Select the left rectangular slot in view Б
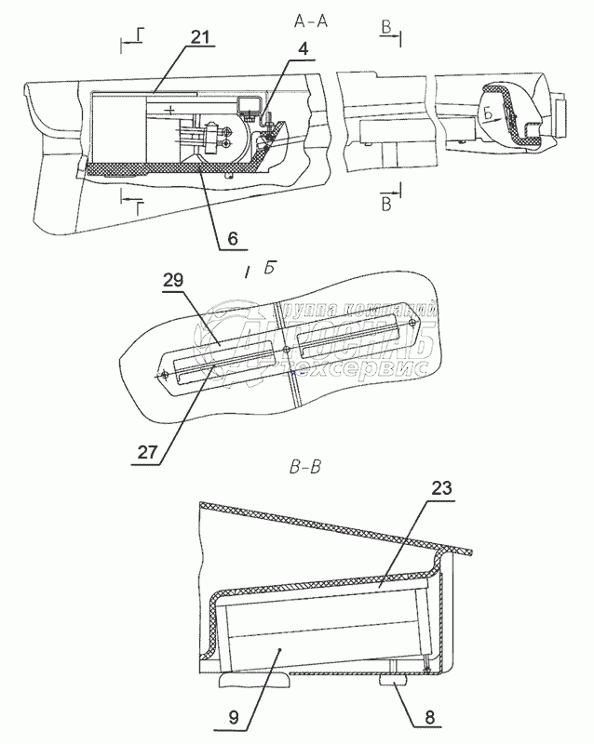click(221, 357)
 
